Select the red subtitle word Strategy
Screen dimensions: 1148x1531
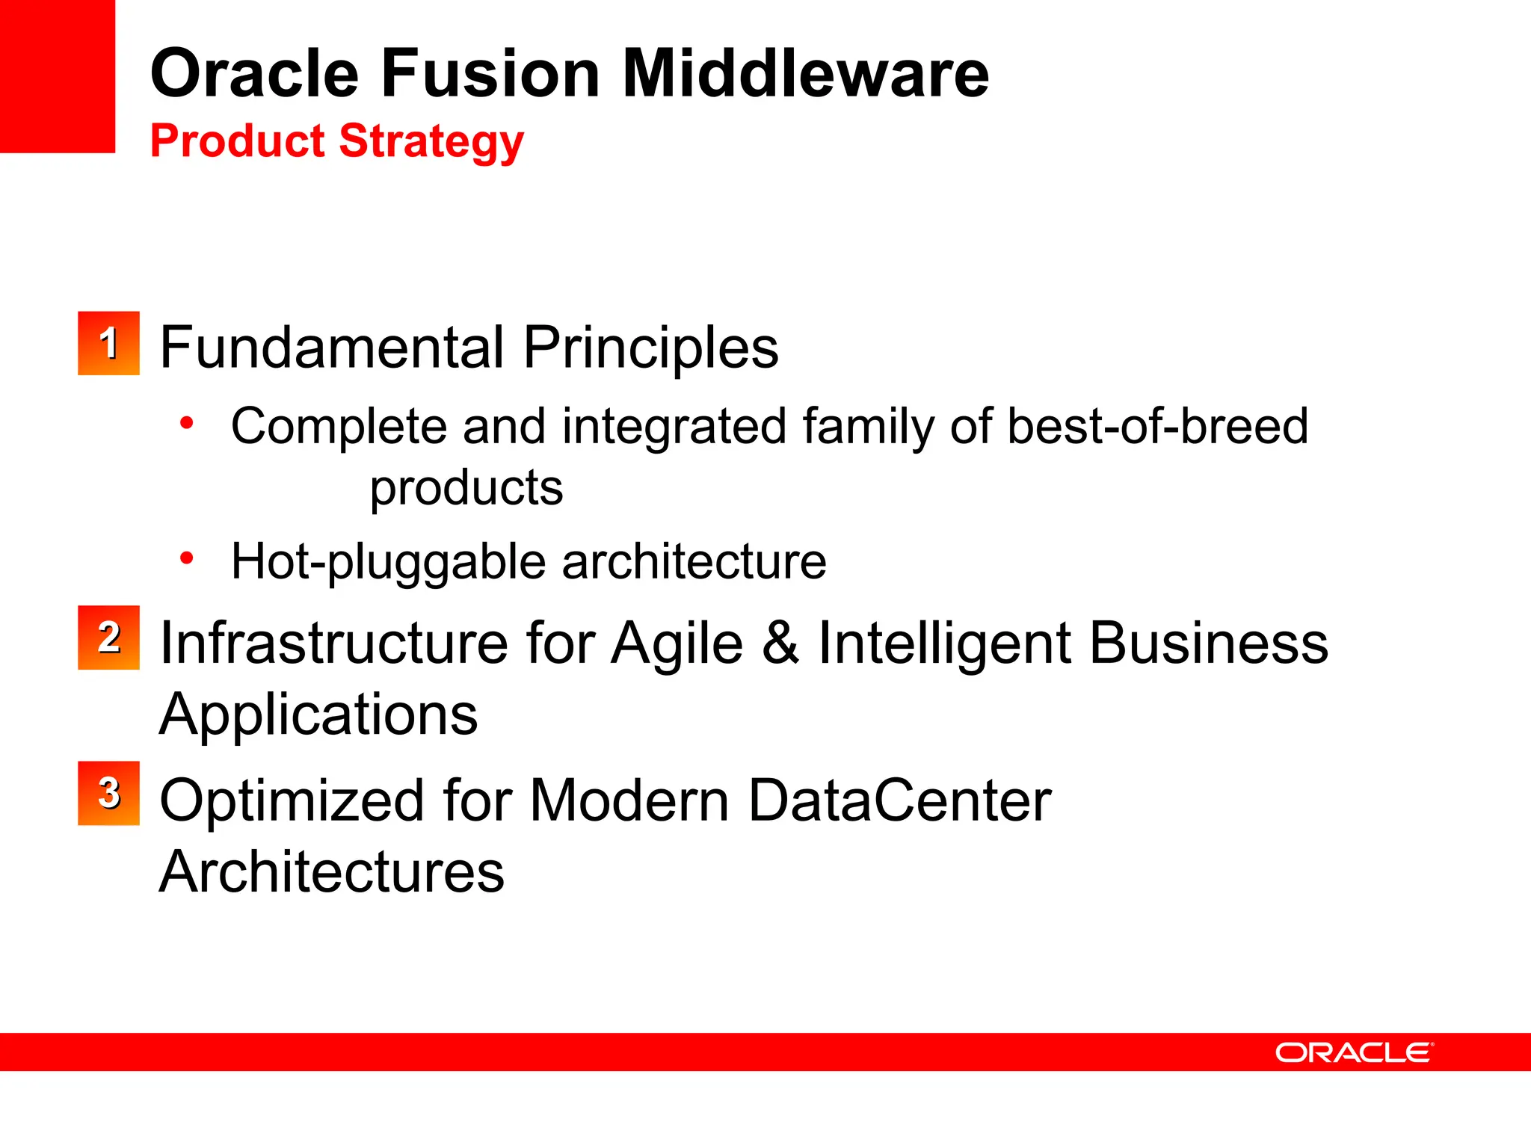click(431, 142)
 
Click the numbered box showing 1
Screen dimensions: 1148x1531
click(108, 343)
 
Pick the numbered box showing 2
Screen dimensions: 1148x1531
click(108, 638)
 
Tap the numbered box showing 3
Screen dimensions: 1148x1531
click(108, 793)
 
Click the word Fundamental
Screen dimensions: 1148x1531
click(332, 348)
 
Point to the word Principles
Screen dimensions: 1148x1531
click(650, 349)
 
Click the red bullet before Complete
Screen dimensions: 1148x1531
click(187, 424)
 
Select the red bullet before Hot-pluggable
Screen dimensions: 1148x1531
click(187, 558)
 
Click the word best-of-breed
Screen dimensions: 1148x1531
click(1157, 426)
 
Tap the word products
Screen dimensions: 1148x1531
click(466, 489)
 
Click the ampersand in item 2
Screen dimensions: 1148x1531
click(780, 643)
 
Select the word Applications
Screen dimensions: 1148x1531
click(318, 715)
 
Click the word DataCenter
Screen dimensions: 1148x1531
click(899, 800)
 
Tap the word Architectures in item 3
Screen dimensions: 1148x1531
click(332, 871)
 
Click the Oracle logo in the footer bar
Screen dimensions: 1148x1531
click(1354, 1052)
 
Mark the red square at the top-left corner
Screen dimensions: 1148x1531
click(57, 75)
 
